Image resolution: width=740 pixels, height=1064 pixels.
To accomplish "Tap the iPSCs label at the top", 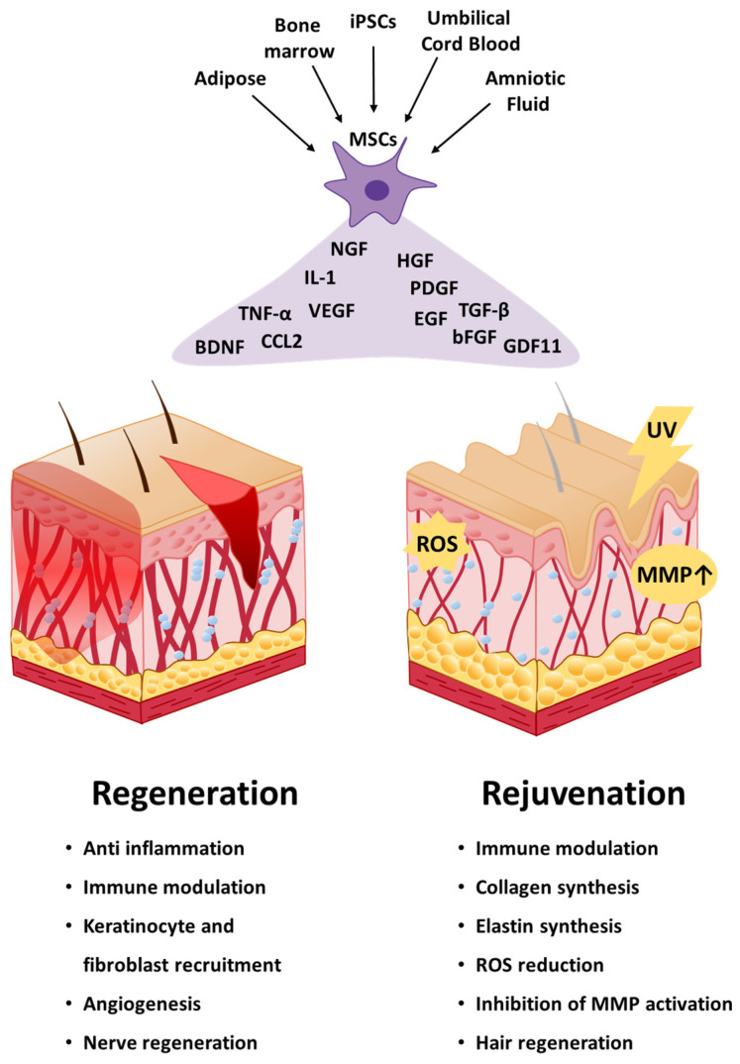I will pyautogui.click(x=373, y=18).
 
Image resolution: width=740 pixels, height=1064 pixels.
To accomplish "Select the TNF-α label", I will pyautogui.click(x=264, y=314).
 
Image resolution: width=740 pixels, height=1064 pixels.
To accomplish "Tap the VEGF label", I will pyautogui.click(x=332, y=310).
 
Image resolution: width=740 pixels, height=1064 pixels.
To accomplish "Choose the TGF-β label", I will pyautogui.click(x=483, y=310).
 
